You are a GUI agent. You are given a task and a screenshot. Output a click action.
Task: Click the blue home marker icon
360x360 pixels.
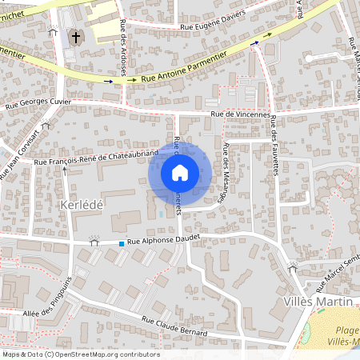point(180,172)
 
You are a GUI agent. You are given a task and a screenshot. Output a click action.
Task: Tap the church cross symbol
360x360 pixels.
point(76,37)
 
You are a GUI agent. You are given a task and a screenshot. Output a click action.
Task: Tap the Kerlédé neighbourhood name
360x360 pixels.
point(82,206)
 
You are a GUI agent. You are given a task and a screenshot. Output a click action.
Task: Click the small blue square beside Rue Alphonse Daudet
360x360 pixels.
point(122,243)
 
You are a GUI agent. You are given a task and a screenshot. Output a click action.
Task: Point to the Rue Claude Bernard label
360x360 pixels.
point(174,326)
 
